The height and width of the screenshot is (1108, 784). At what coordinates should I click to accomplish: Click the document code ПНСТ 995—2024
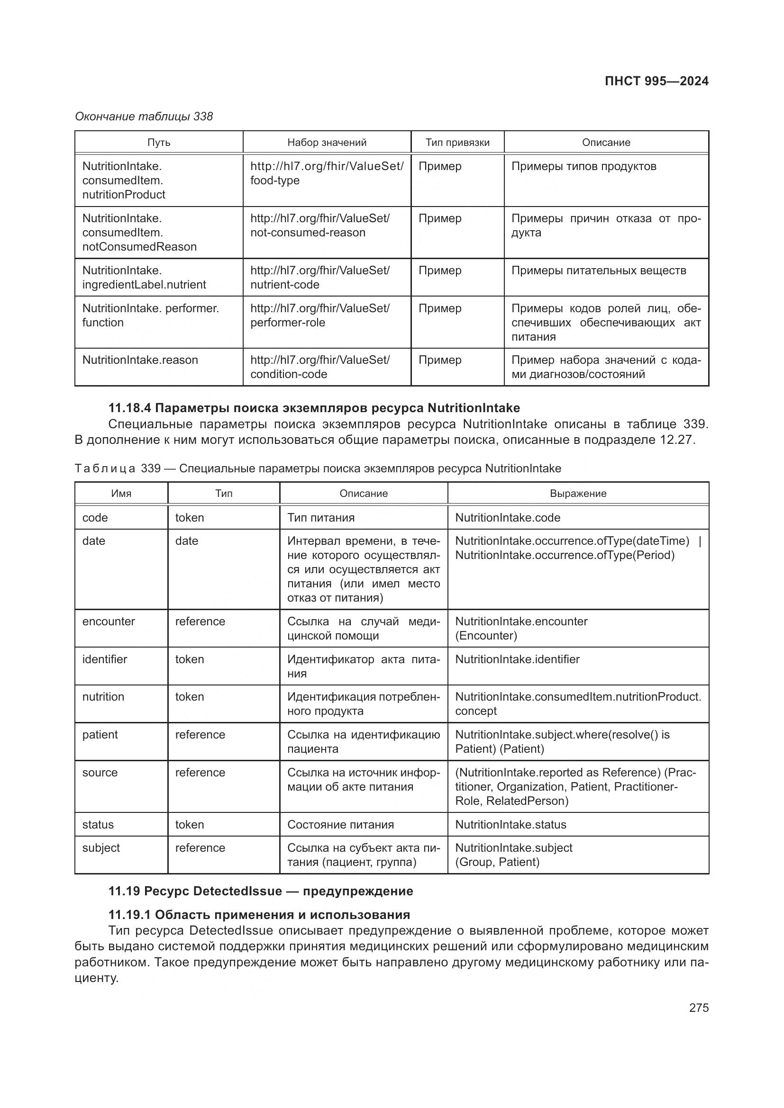(656, 81)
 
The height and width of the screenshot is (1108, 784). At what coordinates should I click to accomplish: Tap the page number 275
(699, 1008)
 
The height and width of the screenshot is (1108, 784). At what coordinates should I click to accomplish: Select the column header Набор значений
(327, 143)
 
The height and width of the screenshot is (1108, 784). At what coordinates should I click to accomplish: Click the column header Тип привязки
(457, 143)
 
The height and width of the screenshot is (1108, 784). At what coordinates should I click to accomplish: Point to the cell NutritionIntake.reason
(140, 360)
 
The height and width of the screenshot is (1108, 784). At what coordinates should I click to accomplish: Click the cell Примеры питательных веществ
(598, 271)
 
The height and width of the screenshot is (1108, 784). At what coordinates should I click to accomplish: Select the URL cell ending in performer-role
(319, 315)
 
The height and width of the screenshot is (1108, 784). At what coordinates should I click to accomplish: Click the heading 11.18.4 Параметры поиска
(314, 408)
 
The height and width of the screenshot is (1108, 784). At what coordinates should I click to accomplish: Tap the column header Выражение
(578, 493)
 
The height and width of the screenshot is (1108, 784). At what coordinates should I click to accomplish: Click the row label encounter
(109, 622)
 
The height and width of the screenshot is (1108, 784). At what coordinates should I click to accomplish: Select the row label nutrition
(103, 697)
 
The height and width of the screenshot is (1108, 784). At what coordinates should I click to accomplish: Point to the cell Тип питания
(321, 518)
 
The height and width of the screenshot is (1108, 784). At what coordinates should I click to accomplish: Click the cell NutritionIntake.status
(511, 825)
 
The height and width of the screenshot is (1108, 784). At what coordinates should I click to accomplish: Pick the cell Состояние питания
(340, 825)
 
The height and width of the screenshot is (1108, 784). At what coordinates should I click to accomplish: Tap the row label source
(100, 773)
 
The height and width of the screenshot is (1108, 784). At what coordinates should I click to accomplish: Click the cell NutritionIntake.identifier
(517, 659)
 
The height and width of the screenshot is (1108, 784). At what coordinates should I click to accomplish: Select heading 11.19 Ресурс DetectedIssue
(261, 891)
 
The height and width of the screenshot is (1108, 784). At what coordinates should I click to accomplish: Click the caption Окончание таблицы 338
(144, 117)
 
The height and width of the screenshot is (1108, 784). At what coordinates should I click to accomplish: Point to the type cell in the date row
(187, 541)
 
